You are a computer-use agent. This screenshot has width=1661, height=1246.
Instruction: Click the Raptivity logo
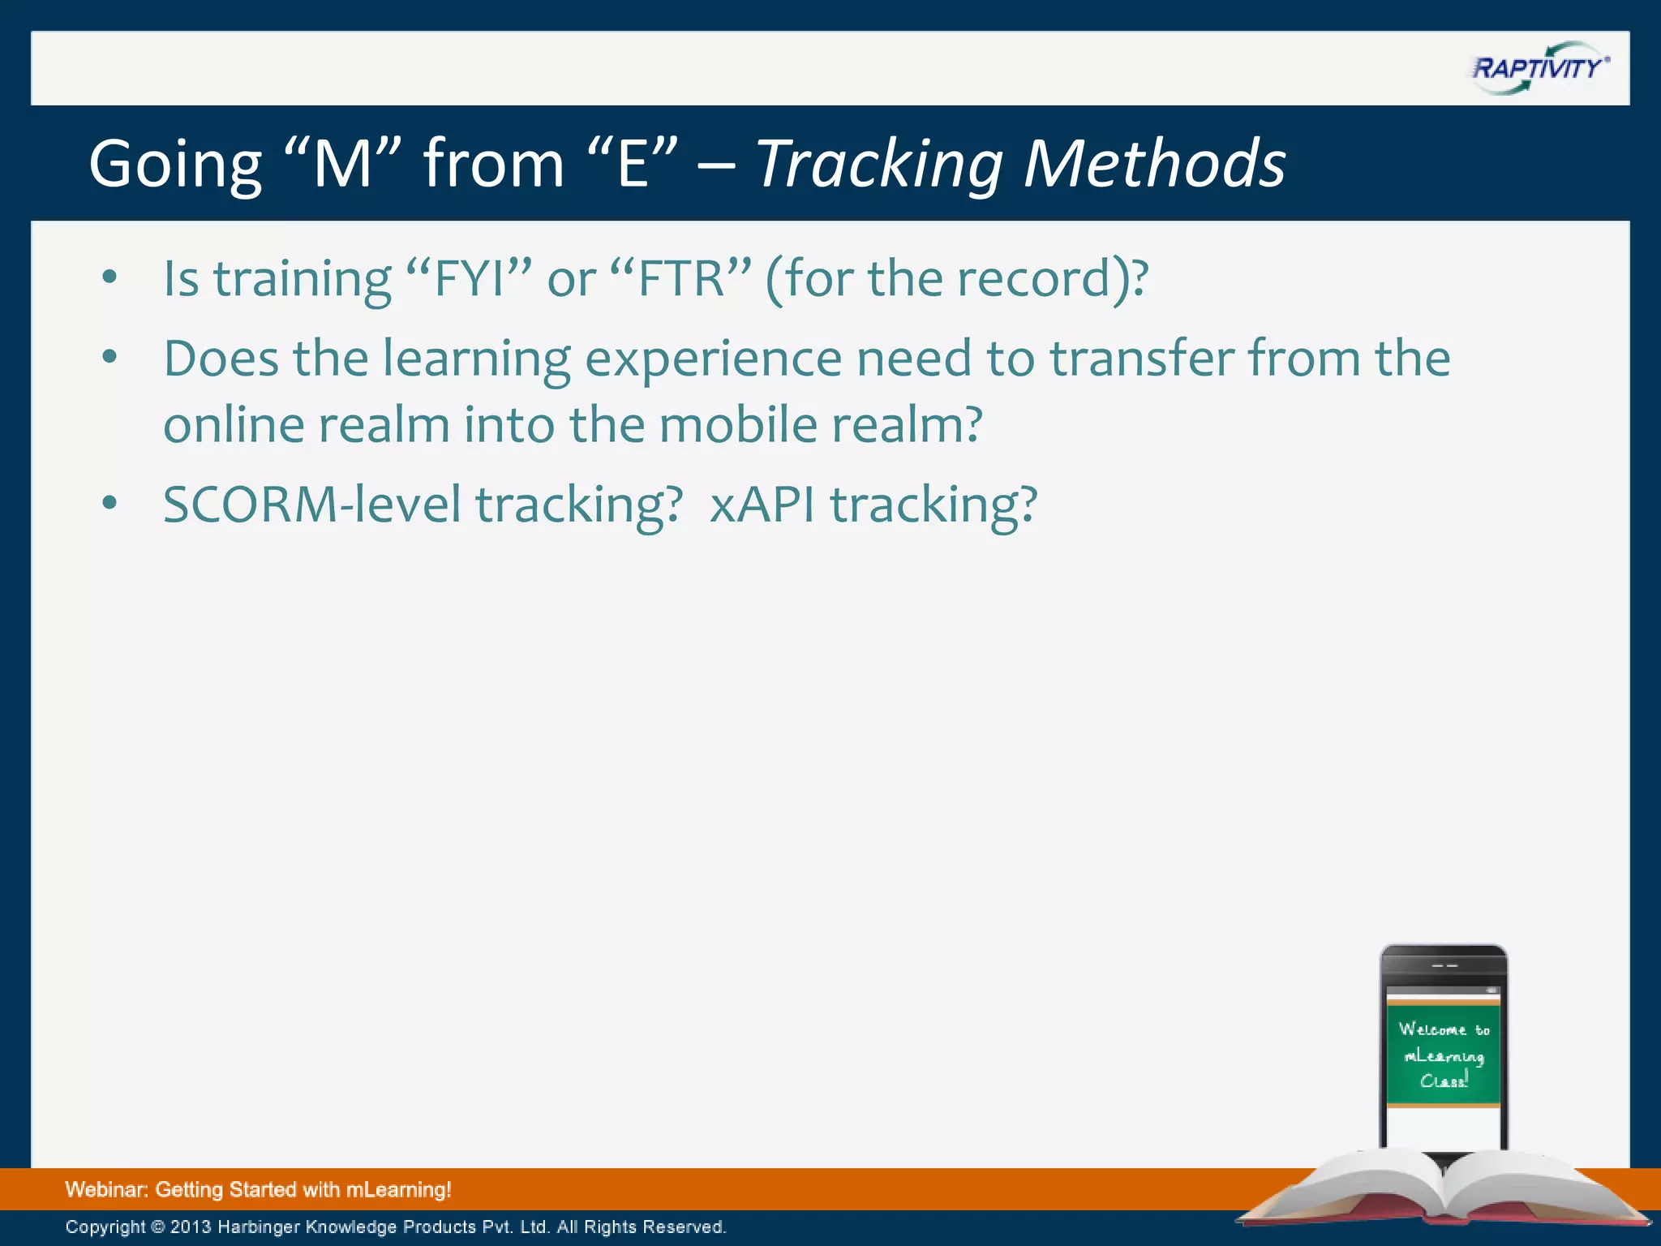tap(1539, 67)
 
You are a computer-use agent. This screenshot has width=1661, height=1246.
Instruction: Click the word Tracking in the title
tap(879, 165)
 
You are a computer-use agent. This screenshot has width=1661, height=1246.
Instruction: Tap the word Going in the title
tap(175, 165)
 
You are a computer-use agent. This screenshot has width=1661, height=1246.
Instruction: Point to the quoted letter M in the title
tap(341, 165)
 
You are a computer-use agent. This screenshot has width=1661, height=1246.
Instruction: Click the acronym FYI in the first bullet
tap(470, 279)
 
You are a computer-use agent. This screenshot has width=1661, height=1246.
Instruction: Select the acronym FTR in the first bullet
tap(680, 279)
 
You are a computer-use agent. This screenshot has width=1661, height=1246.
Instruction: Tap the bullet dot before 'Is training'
tap(110, 277)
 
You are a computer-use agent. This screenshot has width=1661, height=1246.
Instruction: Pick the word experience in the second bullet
tap(713, 360)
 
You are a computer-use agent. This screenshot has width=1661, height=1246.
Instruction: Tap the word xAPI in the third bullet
tap(762, 505)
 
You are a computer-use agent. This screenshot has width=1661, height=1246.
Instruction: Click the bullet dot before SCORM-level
tap(110, 503)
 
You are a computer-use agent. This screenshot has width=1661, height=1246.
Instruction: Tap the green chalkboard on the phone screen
tap(1443, 1054)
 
